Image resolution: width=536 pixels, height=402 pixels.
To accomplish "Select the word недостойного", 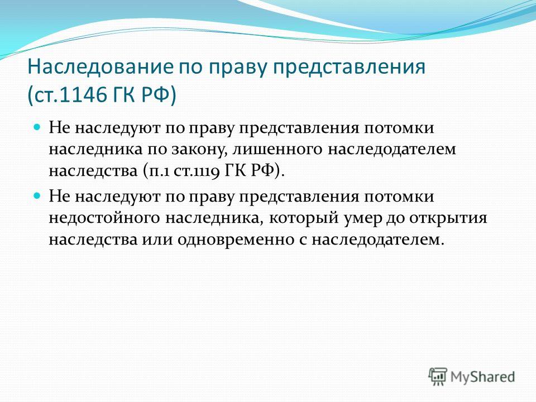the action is coord(104,218).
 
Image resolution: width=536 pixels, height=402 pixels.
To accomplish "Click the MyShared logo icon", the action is coord(438,377).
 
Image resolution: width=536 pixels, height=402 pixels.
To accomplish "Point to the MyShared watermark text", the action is coord(482,377).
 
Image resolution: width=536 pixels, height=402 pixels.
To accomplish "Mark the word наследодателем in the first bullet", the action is coord(392,150).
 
